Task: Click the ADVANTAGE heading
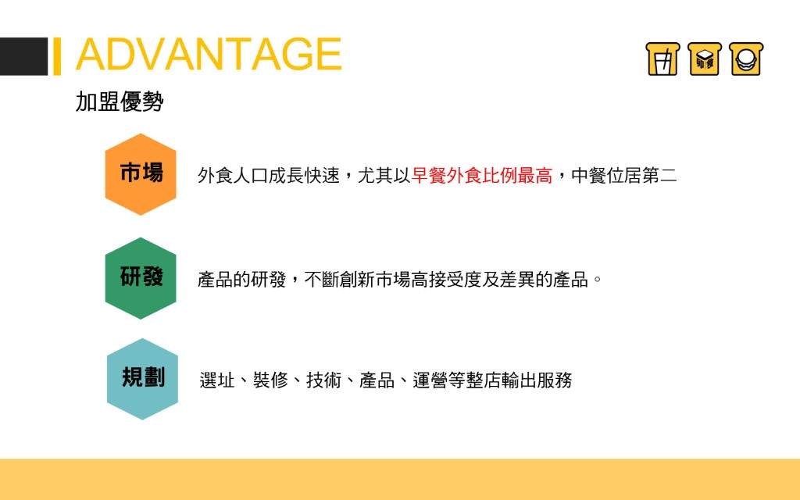tap(209, 54)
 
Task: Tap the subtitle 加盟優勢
tap(120, 101)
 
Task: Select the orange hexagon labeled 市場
tap(141, 174)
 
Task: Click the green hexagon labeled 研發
tap(141, 278)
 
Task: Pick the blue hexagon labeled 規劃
tap(142, 379)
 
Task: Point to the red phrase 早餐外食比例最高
tap(481, 176)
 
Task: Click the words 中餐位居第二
tap(624, 176)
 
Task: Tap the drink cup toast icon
tap(662, 59)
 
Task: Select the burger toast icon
tap(746, 59)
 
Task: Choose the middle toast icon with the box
tap(705, 59)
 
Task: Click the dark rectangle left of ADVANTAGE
tap(23, 56)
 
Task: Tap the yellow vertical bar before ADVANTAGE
tap(57, 56)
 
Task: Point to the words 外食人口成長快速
tap(269, 176)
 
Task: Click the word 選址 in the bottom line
tap(217, 380)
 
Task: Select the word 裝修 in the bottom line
tap(270, 380)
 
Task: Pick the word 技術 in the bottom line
tap(323, 380)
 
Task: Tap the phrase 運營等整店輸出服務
tap(492, 380)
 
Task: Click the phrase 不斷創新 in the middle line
tap(339, 280)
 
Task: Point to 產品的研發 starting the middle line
tap(242, 280)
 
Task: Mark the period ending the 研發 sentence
tap(598, 279)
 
